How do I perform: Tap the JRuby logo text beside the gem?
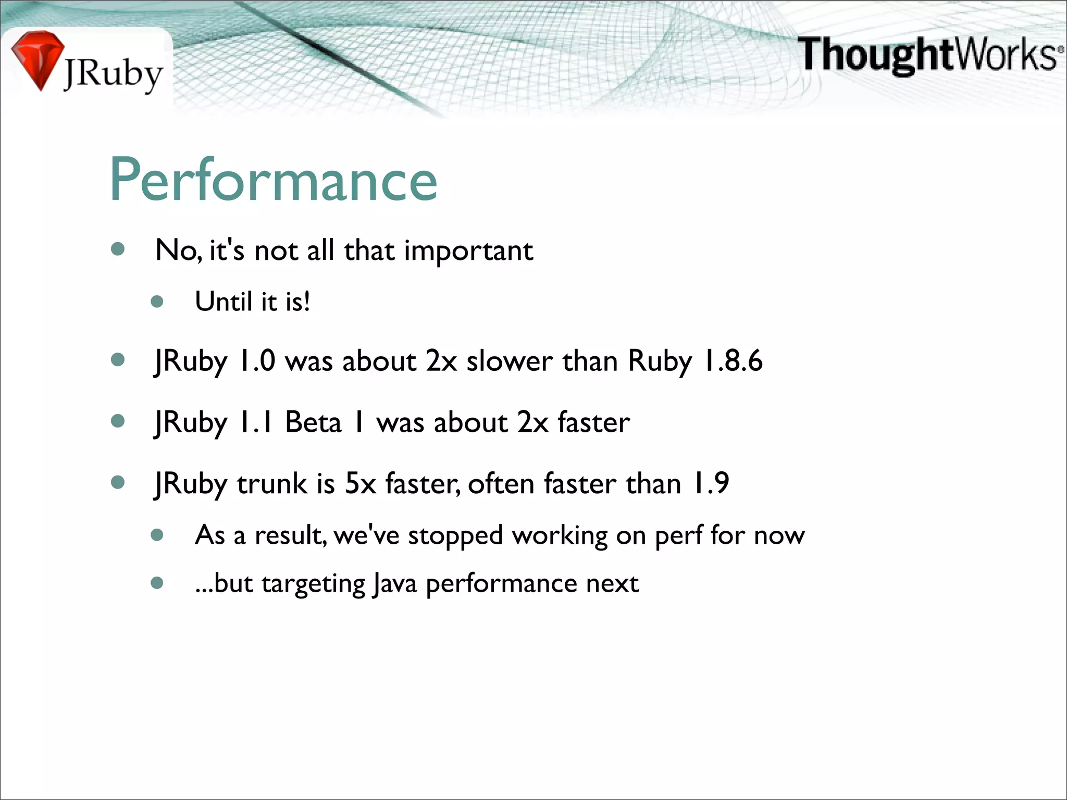[x=114, y=74]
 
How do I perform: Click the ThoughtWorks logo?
[x=929, y=55]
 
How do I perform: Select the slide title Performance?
[x=274, y=180]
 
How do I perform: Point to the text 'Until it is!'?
[x=253, y=302]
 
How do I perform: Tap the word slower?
[x=509, y=361]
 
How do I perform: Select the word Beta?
[x=313, y=422]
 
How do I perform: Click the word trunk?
[x=272, y=484]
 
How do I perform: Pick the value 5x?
[x=361, y=483]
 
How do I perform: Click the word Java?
[x=394, y=584]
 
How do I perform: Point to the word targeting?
[x=313, y=584]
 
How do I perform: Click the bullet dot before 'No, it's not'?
[x=118, y=249]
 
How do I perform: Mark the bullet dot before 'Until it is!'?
[x=157, y=302]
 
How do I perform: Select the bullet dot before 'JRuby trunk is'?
[x=118, y=482]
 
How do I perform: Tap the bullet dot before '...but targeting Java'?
[x=157, y=583]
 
